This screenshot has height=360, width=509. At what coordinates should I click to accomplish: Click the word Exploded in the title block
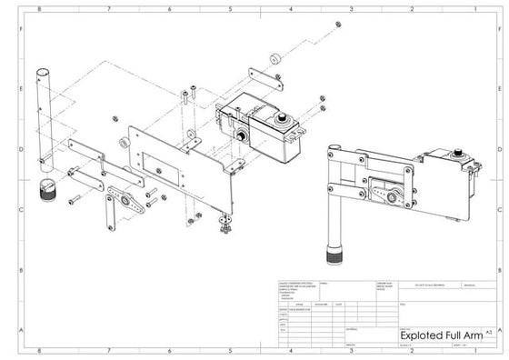click(x=422, y=335)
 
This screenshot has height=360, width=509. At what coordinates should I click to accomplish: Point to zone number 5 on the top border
click(x=230, y=8)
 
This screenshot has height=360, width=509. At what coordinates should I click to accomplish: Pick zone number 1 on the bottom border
click(x=472, y=351)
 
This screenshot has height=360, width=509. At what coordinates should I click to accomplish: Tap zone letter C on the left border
click(x=20, y=210)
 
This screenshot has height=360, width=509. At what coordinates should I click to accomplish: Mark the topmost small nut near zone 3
click(x=337, y=24)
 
